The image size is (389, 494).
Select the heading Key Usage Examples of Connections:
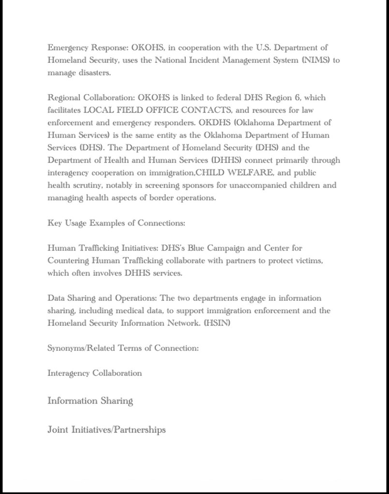116,223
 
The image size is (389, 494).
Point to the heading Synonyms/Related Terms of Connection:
123,348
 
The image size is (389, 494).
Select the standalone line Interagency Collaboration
94,373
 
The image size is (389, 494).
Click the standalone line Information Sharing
90,401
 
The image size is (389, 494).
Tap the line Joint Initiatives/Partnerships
106,429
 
